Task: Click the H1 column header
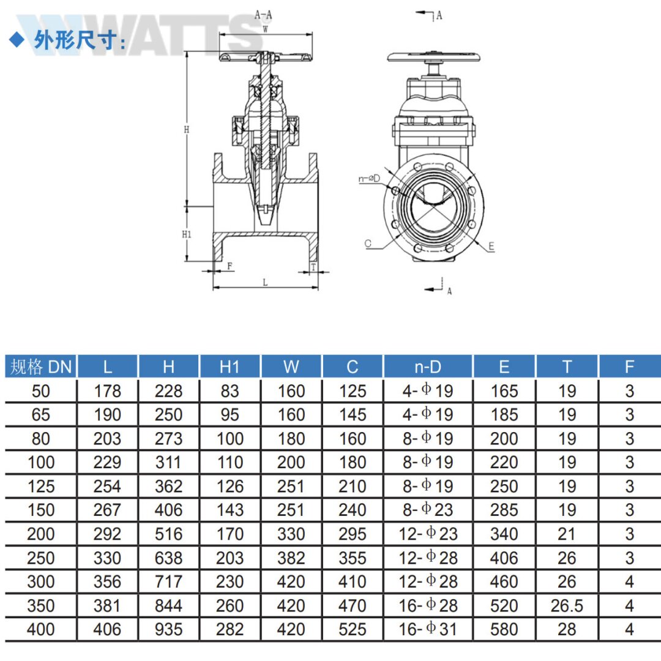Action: (x=230, y=367)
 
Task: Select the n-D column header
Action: (x=427, y=367)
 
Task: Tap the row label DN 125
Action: (x=41, y=487)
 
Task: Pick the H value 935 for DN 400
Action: (x=168, y=629)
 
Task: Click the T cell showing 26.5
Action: (x=567, y=606)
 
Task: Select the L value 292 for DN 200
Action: (x=107, y=534)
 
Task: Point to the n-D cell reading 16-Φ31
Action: (x=427, y=629)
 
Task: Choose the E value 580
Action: (x=504, y=629)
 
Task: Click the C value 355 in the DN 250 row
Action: (x=352, y=558)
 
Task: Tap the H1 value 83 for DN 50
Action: (x=230, y=391)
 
